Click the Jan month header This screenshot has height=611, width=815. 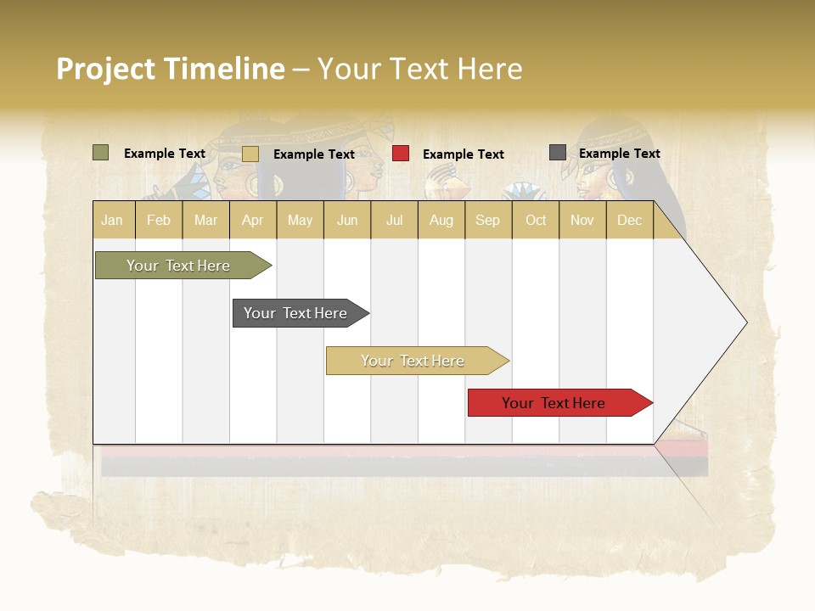click(112, 220)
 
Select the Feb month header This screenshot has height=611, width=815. click(159, 220)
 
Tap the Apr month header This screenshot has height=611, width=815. click(252, 220)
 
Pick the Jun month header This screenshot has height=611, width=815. click(347, 220)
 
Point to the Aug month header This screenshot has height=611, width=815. click(441, 220)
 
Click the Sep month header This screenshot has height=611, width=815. click(487, 220)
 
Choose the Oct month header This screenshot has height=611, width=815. click(536, 220)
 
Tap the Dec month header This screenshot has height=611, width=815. click(629, 220)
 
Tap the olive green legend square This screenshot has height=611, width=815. click(100, 153)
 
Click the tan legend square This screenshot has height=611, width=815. click(250, 154)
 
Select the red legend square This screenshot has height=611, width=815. click(401, 154)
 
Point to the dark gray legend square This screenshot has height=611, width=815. click(557, 153)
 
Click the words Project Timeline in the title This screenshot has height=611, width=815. click(170, 69)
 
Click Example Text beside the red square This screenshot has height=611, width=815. click(463, 154)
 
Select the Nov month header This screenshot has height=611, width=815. click(582, 220)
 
